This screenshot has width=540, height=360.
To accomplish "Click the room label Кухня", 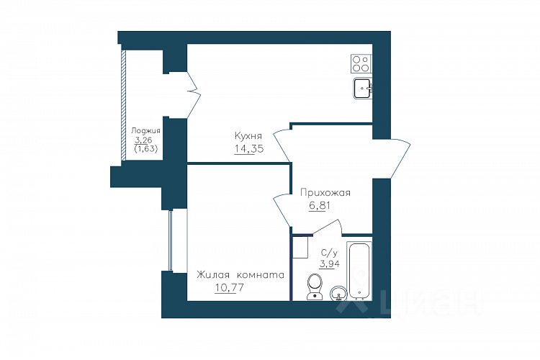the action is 248,136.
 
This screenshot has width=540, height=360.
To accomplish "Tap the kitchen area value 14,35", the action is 249,149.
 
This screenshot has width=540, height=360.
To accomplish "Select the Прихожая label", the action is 325,192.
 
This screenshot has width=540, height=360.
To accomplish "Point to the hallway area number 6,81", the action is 320,206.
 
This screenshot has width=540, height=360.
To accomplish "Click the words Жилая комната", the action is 240,275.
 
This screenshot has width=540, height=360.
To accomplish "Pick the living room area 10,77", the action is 229,287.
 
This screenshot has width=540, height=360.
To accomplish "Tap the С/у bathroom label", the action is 329,253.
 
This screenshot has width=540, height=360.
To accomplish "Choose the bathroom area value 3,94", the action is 330,264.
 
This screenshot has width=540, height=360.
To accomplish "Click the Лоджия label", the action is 145,130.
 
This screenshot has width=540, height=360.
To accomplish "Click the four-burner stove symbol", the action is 361,64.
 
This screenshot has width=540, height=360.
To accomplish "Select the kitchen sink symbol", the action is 363,89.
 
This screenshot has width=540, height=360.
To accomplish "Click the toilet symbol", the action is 314,287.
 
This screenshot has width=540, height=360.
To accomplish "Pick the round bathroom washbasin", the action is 338,294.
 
